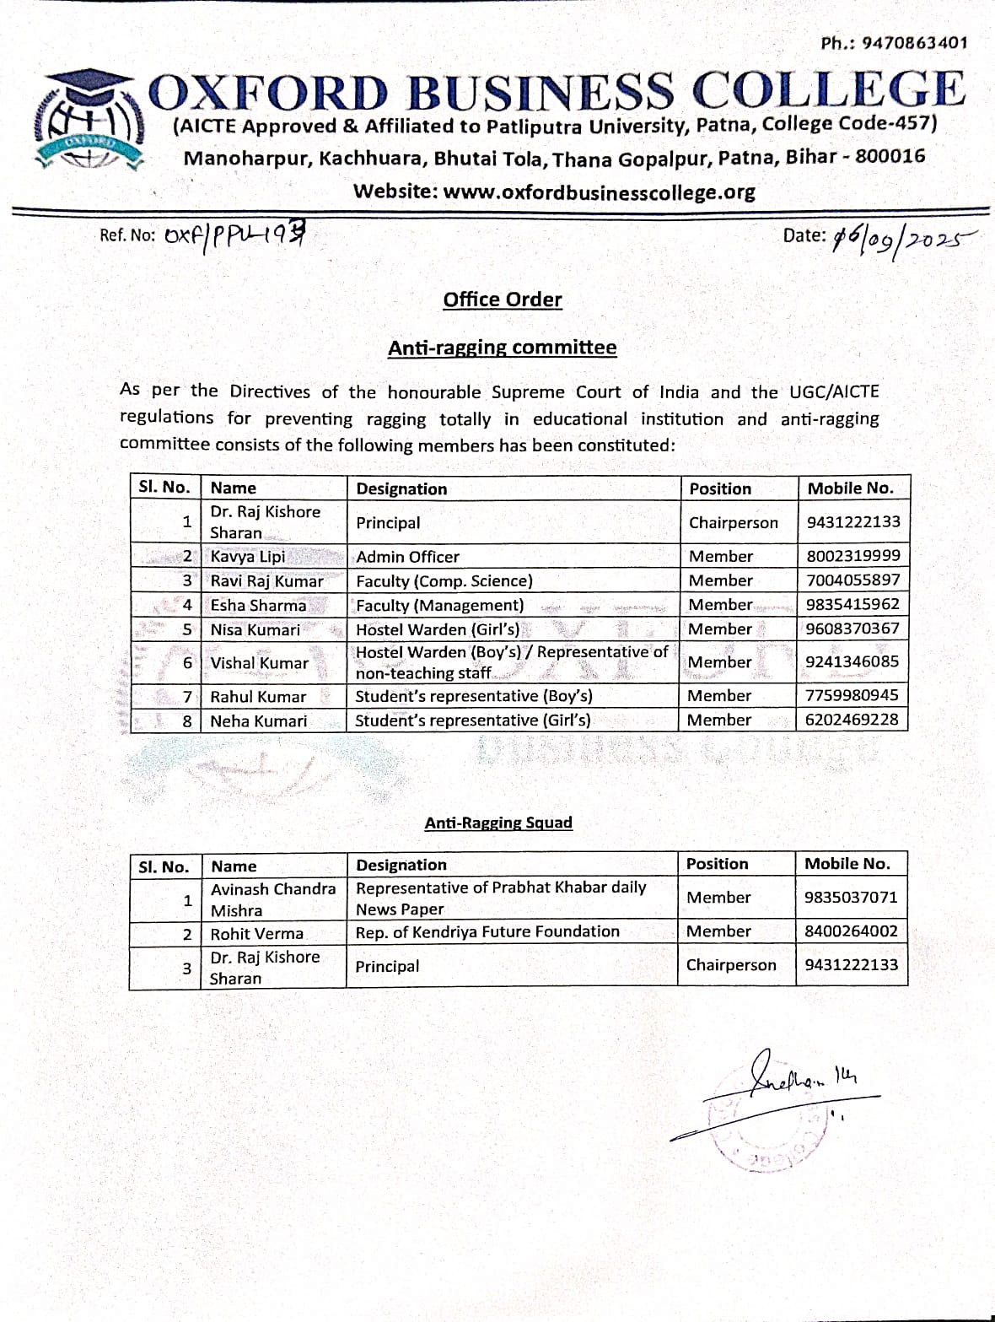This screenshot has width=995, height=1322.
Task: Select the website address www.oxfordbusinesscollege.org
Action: tap(554, 192)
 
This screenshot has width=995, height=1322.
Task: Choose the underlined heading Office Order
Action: tap(503, 299)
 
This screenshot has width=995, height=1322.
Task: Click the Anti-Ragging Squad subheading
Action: tap(498, 823)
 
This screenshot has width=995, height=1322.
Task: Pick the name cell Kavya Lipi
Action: tap(248, 556)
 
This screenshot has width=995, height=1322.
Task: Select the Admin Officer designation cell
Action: tap(407, 557)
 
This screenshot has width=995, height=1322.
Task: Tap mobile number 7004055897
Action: tap(852, 580)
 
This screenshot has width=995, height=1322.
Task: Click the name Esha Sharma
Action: tap(258, 605)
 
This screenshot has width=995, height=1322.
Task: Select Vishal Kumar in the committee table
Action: tap(260, 663)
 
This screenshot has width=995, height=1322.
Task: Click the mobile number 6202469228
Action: tap(852, 720)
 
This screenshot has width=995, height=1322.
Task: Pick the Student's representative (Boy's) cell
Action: tap(473, 696)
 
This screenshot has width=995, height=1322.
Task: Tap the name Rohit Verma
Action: tap(256, 934)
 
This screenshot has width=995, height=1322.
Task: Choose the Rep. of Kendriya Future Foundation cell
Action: tap(487, 931)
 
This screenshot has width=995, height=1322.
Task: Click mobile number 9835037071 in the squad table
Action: tap(851, 897)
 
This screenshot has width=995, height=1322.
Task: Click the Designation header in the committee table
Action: tap(401, 488)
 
